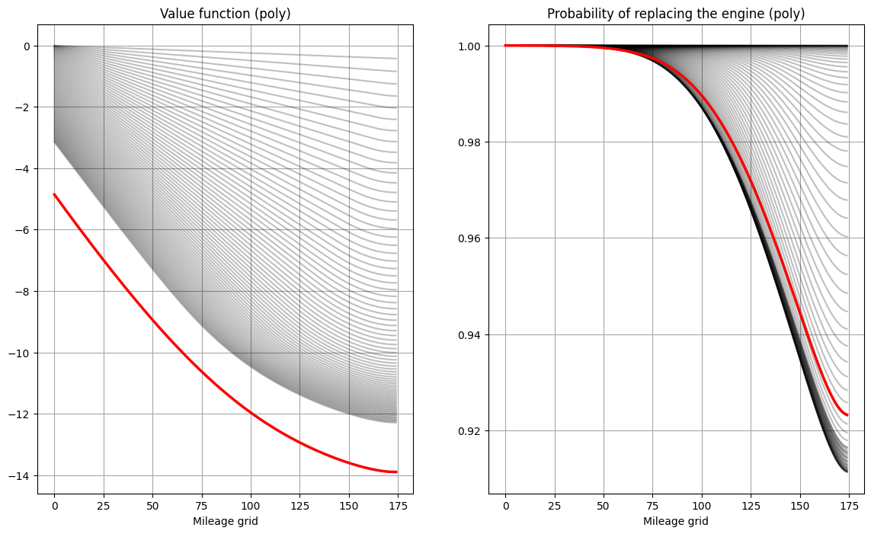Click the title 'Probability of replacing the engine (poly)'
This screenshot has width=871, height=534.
click(x=676, y=14)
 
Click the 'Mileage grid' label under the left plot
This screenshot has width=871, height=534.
click(x=225, y=521)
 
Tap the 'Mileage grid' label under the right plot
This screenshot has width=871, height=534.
click(x=676, y=521)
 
